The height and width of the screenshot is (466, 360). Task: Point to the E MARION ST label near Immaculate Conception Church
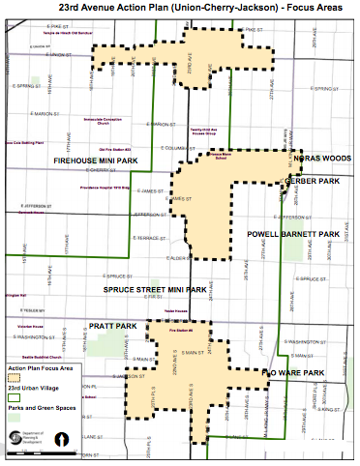coord(160,124)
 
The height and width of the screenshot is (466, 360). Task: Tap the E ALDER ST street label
coord(155,259)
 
